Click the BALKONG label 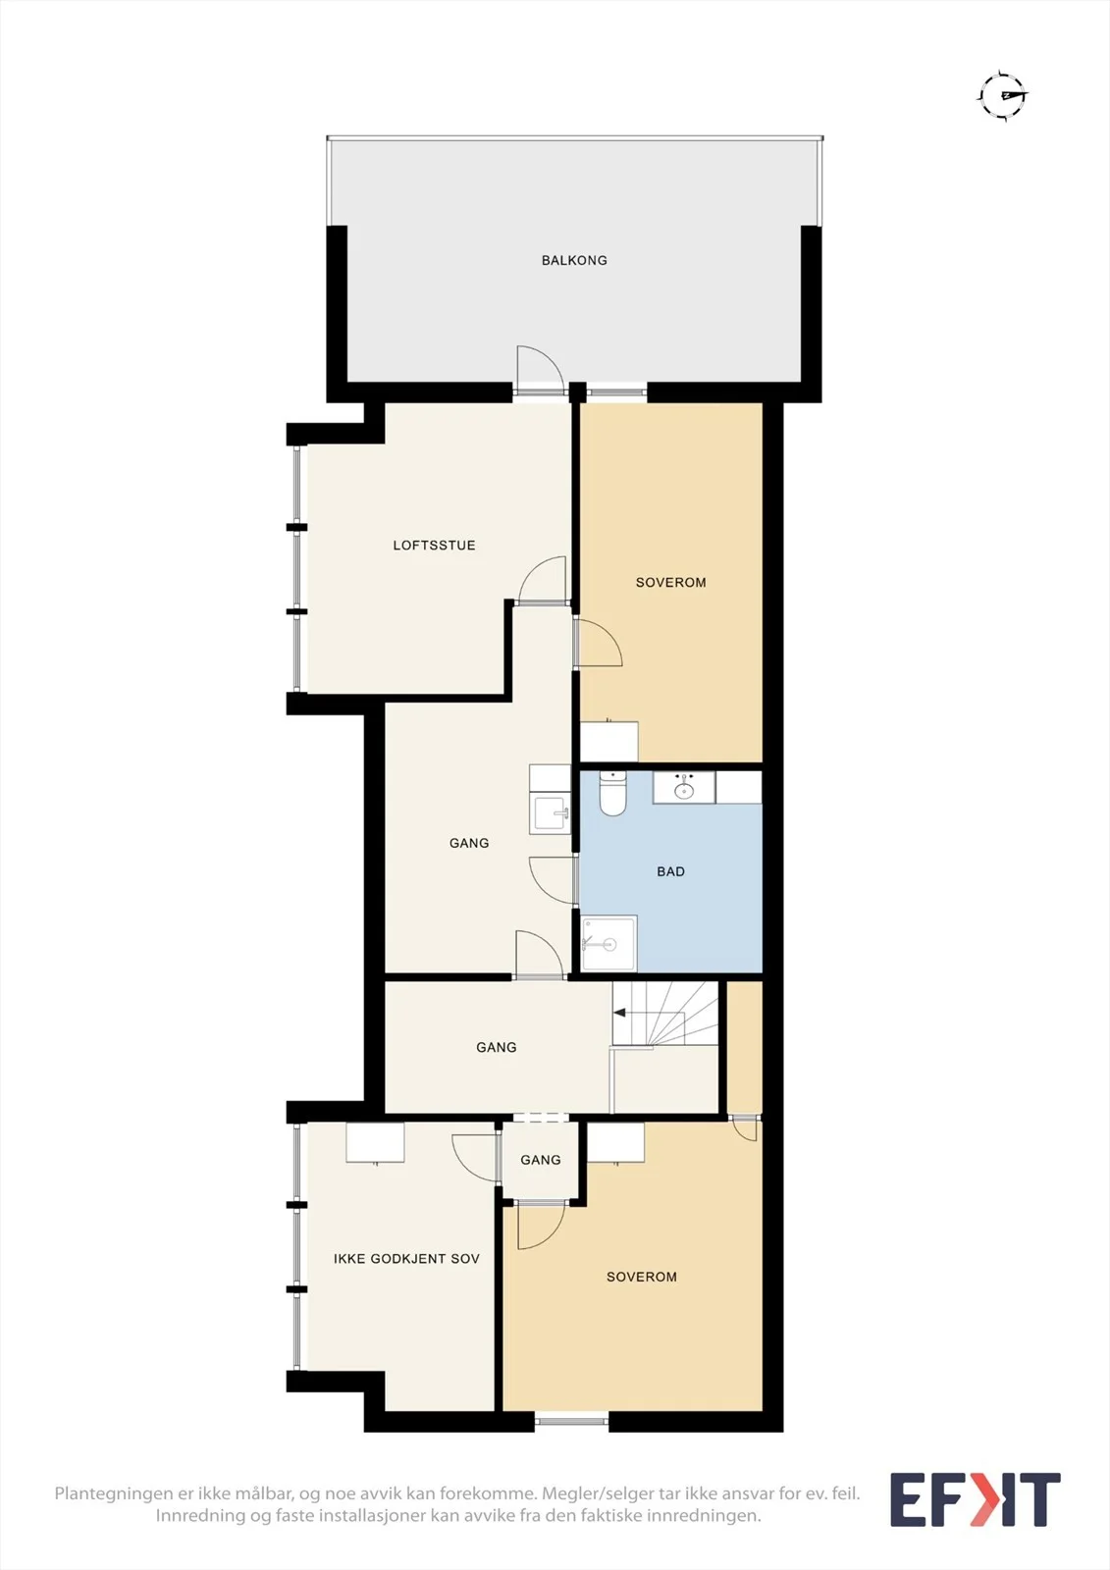pyautogui.click(x=573, y=260)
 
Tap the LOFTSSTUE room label pyautogui.click(x=434, y=545)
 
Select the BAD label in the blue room pyautogui.click(x=670, y=871)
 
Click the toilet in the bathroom pyautogui.click(x=612, y=794)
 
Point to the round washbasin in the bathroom pyautogui.click(x=684, y=791)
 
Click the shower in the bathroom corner pyautogui.click(x=608, y=943)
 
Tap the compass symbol pyautogui.click(x=1003, y=95)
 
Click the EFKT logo pyautogui.click(x=976, y=1499)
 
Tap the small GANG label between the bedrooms pyautogui.click(x=541, y=1160)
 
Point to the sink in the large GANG pyautogui.click(x=551, y=813)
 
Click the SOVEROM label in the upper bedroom pyautogui.click(x=670, y=582)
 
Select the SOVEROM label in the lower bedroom pyautogui.click(x=642, y=1277)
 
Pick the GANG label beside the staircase pyautogui.click(x=497, y=1047)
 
